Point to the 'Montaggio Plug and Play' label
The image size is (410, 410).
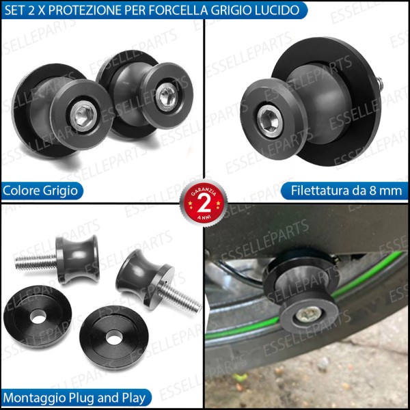point(66,397)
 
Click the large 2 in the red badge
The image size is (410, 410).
point(204,205)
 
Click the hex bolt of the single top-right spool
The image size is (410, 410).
point(268,122)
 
